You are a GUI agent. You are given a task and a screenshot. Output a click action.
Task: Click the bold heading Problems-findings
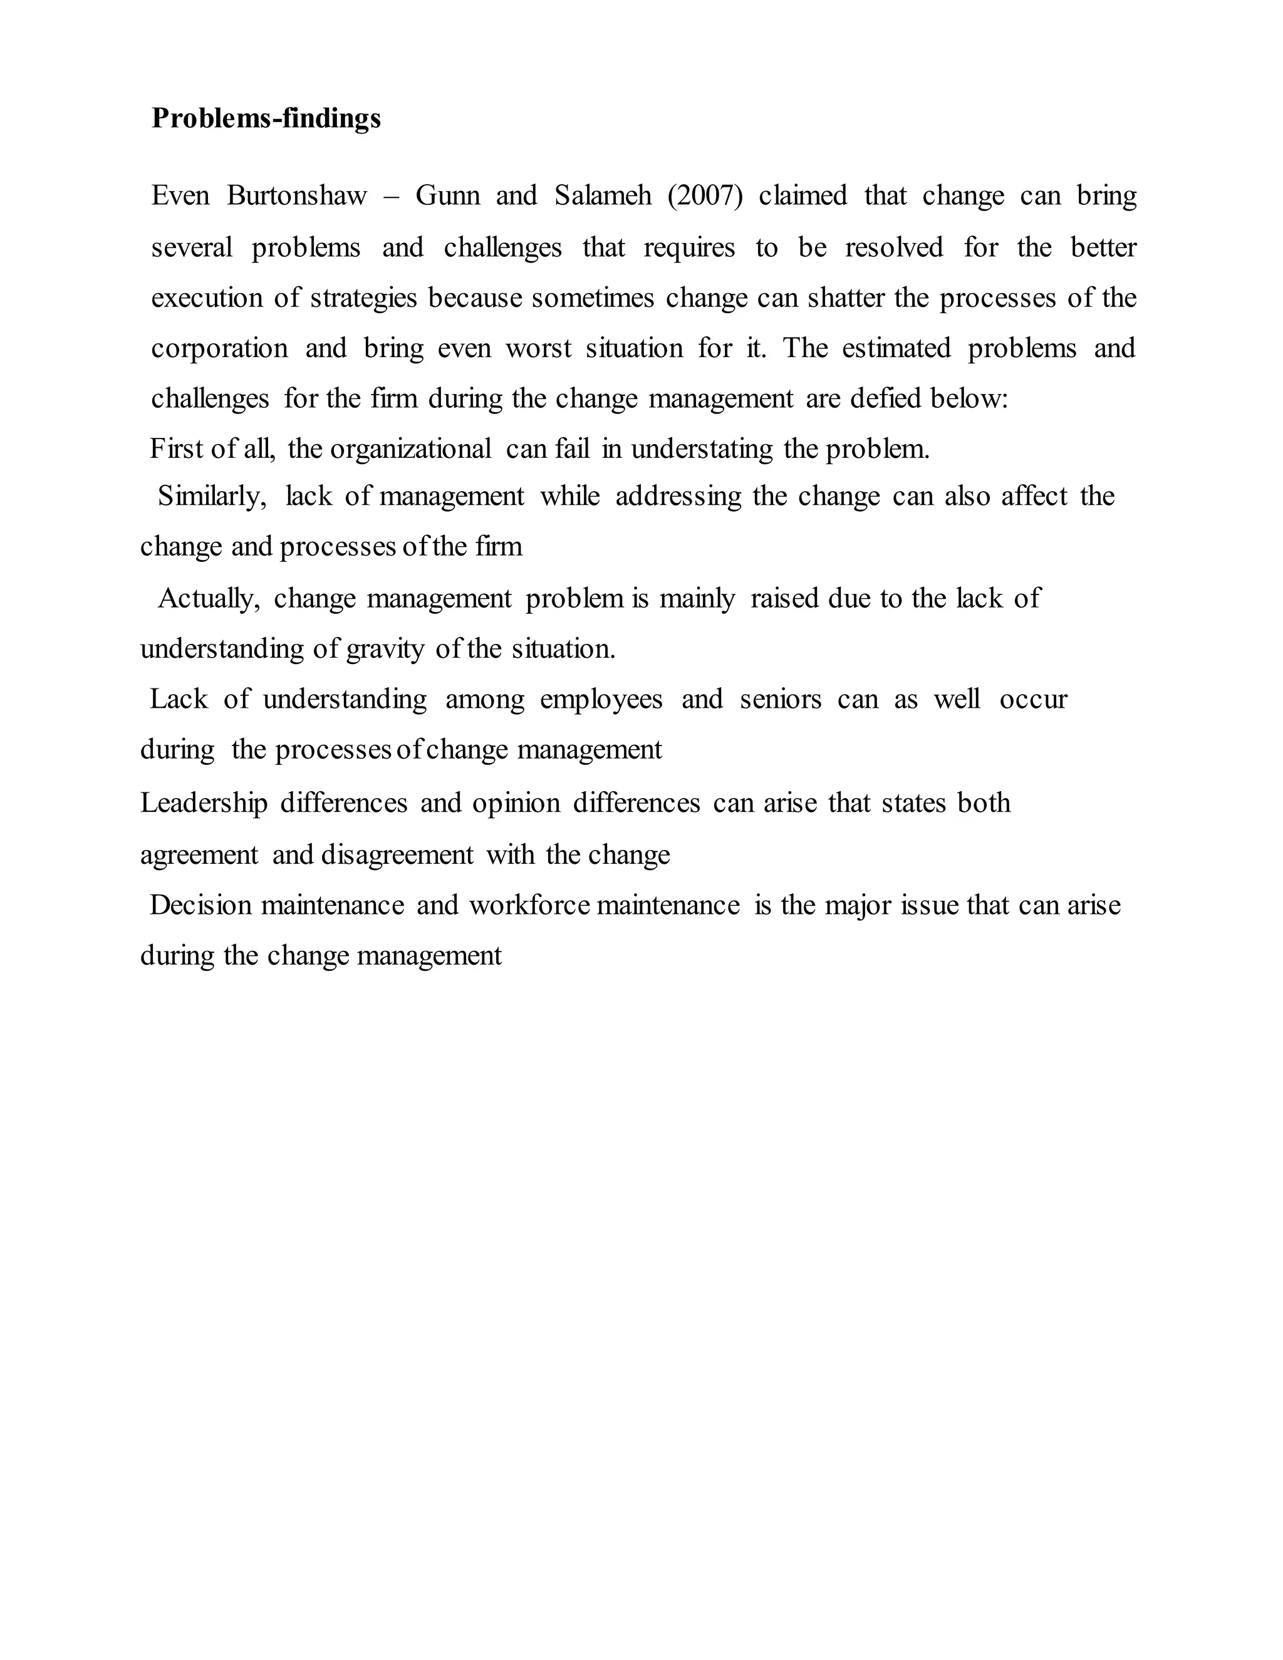pos(266,118)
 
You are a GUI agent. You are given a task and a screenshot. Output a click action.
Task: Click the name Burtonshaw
pos(296,196)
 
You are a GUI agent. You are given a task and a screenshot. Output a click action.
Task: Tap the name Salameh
pos(603,196)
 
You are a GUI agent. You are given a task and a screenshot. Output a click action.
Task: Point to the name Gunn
pos(448,196)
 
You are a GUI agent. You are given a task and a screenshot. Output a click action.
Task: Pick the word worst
pos(538,349)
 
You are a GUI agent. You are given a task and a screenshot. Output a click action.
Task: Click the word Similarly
pos(211,496)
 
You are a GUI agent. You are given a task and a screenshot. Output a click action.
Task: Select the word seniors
pos(780,699)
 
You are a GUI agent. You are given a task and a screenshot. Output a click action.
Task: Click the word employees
pos(600,699)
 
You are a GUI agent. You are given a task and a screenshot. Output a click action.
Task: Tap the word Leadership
pos(204,804)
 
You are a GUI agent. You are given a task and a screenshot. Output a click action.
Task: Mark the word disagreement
pos(397,855)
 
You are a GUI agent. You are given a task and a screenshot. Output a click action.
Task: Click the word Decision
pos(200,905)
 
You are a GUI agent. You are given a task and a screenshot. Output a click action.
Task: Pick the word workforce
pos(529,905)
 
